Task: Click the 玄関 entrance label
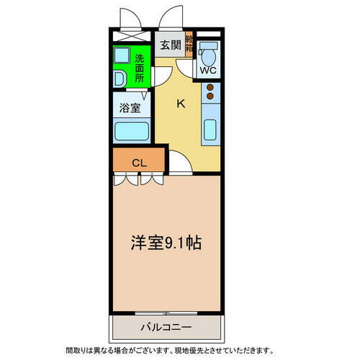point(170,45)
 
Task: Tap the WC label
point(207,71)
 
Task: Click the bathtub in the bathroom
point(131,131)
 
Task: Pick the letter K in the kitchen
point(181,103)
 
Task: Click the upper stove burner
point(211,88)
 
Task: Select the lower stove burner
point(211,96)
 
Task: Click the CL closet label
point(139,162)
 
